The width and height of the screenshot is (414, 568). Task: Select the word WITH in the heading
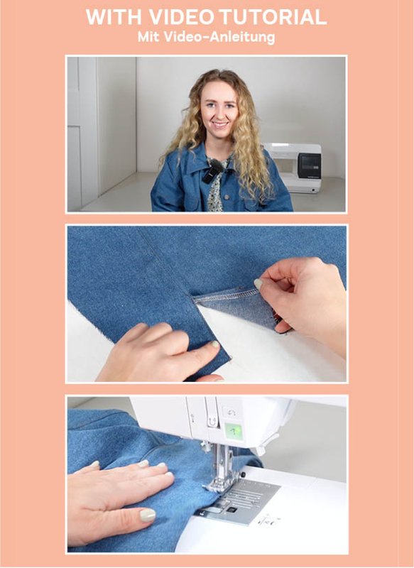(x=115, y=16)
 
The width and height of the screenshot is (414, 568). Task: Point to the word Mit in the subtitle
(x=148, y=37)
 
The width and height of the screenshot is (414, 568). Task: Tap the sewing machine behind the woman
(x=293, y=168)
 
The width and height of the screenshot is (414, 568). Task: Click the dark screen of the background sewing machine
(x=309, y=165)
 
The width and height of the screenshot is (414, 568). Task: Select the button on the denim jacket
(x=227, y=197)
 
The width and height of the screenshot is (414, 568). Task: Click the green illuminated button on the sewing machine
(x=234, y=431)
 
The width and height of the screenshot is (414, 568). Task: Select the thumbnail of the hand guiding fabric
(x=148, y=515)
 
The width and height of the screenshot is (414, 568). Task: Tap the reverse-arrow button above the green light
(x=229, y=413)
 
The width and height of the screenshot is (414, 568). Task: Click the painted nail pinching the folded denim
(x=258, y=284)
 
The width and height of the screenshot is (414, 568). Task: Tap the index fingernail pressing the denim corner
(x=215, y=344)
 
